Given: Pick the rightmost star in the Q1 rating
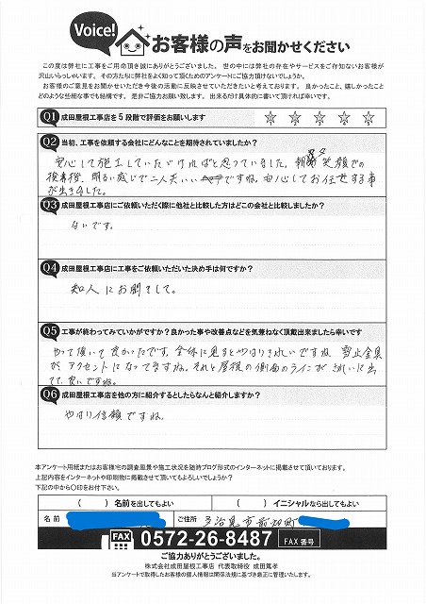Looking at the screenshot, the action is click(369, 117).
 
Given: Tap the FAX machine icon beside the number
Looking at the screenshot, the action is click(122, 537).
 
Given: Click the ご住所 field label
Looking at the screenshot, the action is click(184, 518).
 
